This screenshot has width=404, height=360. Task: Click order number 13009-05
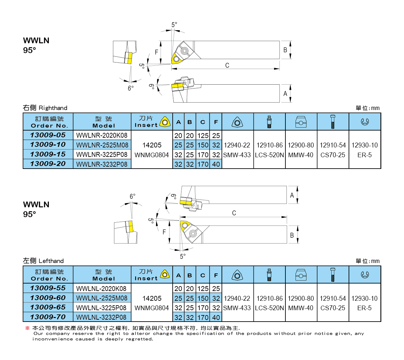tap(48, 135)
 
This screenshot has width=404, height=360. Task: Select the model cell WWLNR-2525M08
tap(102, 145)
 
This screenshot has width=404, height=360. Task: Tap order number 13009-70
tap(48, 317)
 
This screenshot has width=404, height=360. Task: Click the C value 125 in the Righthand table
tap(203, 135)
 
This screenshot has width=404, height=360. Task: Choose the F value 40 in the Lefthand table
tap(216, 317)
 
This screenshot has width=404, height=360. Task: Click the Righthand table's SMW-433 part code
tap(237, 155)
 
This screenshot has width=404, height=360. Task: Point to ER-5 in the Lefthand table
tap(364, 308)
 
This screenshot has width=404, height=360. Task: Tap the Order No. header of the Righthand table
tap(49, 122)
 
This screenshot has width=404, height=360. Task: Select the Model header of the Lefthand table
tap(104, 275)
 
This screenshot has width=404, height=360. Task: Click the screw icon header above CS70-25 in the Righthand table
tap(333, 122)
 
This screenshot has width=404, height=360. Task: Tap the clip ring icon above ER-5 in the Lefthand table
tap(365, 275)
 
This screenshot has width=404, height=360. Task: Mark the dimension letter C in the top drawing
tap(227, 65)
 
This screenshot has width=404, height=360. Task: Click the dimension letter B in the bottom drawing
tap(292, 235)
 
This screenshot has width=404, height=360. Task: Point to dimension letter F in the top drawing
tap(156, 52)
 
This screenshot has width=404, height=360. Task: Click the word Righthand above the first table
tap(53, 108)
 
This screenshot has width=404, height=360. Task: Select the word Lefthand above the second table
tap(51, 261)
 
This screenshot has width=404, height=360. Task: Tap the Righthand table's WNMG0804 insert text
tap(151, 155)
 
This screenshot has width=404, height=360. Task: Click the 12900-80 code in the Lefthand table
tap(301, 298)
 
